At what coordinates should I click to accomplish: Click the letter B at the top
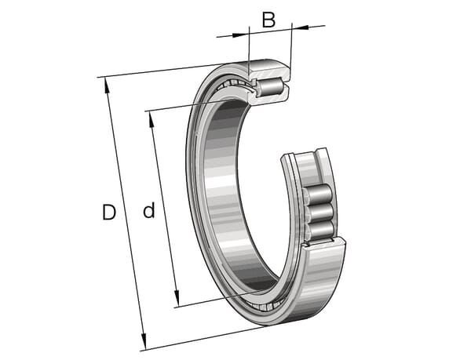pyautogui.click(x=268, y=20)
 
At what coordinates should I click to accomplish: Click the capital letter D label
pyautogui.click(x=109, y=212)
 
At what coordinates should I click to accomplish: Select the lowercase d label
pyautogui.click(x=149, y=210)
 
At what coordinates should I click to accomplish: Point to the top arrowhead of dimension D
pyautogui.click(x=106, y=85)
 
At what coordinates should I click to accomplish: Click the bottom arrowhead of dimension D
pyautogui.click(x=144, y=342)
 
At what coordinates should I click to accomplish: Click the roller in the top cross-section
pyautogui.click(x=270, y=86)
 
